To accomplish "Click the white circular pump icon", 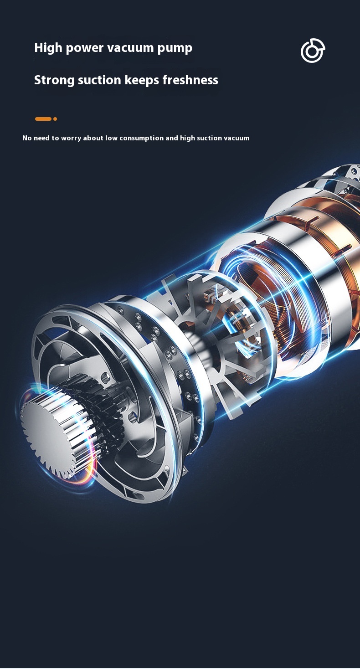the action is pyautogui.click(x=313, y=51).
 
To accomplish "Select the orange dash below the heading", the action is pyautogui.click(x=43, y=119).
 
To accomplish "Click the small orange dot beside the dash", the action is pyautogui.click(x=55, y=119).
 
